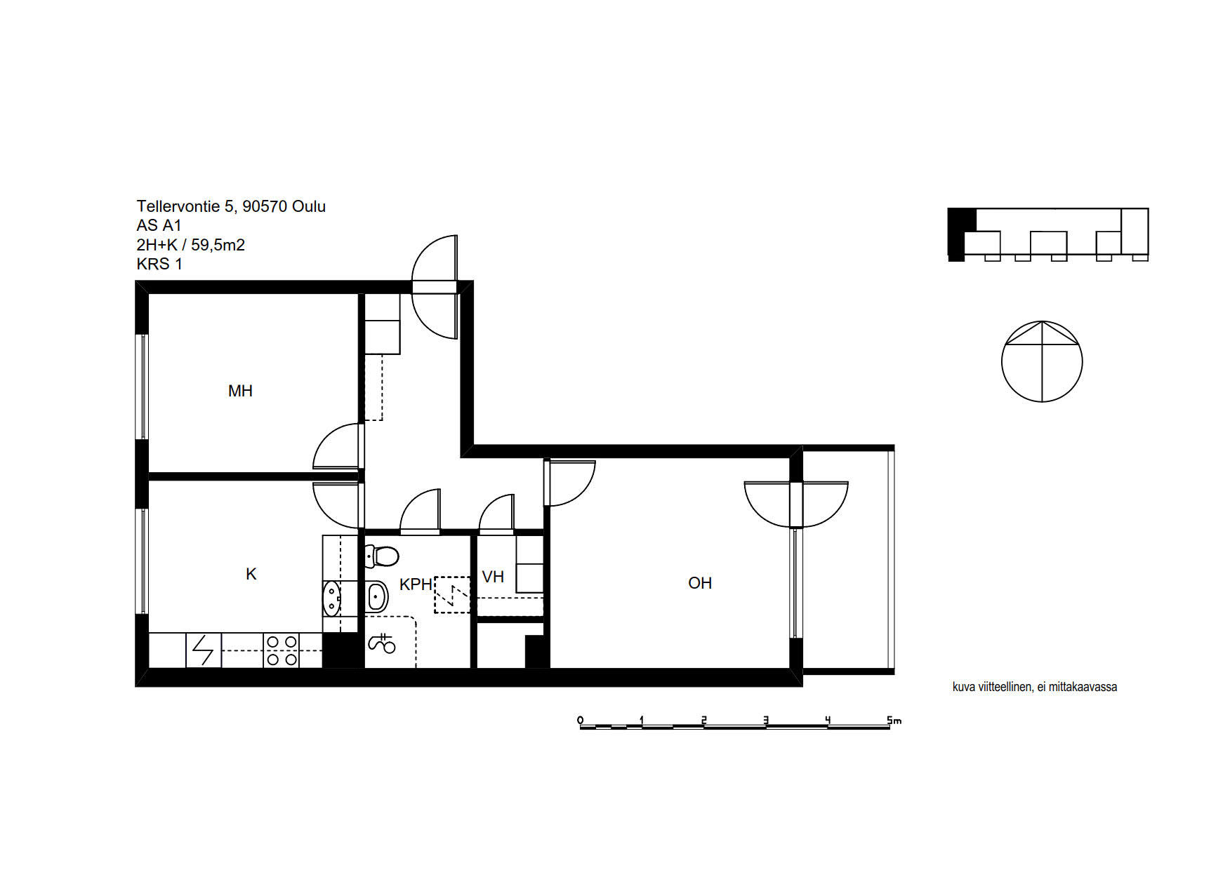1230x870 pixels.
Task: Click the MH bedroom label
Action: [240, 391]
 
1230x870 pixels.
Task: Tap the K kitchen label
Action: [251, 574]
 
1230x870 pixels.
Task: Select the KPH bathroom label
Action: [416, 584]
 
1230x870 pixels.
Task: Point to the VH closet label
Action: [493, 577]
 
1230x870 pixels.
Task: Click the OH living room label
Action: [700, 583]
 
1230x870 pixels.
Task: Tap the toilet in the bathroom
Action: [382, 556]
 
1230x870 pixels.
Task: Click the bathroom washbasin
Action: [378, 596]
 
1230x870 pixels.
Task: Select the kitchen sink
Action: [331, 598]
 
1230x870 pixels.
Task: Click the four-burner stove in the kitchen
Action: [281, 650]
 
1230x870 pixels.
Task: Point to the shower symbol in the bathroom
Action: [382, 643]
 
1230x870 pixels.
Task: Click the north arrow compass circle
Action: [1042, 362]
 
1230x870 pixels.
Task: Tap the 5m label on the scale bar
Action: [894, 720]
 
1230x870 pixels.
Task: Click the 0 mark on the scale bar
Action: [580, 720]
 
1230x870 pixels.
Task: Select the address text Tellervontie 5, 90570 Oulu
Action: [231, 206]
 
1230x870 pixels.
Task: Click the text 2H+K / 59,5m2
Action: [191, 245]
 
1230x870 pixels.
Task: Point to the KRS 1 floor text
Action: [159, 264]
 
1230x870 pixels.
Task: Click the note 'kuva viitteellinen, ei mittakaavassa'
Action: [1034, 687]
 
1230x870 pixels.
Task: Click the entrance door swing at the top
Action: [435, 288]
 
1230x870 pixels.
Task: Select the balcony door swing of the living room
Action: [796, 504]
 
